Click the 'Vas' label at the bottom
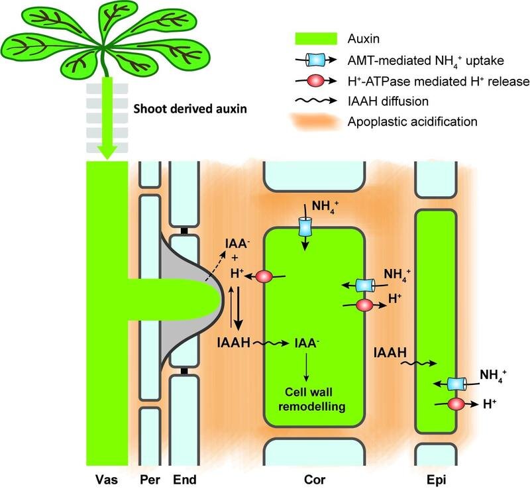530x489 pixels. tap(107, 479)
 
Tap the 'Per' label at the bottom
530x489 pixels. tap(150, 479)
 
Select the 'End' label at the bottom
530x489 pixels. tap(185, 479)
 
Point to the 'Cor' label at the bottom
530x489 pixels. tap(314, 479)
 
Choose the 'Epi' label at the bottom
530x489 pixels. tap(436, 479)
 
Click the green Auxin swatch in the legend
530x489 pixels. tap(316, 38)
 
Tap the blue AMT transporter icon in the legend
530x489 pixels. tap(315, 60)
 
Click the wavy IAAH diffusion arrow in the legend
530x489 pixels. tap(316, 101)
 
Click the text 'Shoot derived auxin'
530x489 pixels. tap(190, 109)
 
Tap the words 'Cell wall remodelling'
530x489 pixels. tap(311, 399)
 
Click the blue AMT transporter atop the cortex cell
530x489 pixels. tap(305, 227)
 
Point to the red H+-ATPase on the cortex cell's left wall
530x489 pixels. tap(264, 276)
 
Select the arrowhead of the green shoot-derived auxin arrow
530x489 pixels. tap(107, 152)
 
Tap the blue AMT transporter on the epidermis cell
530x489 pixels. tap(456, 384)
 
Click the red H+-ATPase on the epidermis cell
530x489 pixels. tap(456, 404)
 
